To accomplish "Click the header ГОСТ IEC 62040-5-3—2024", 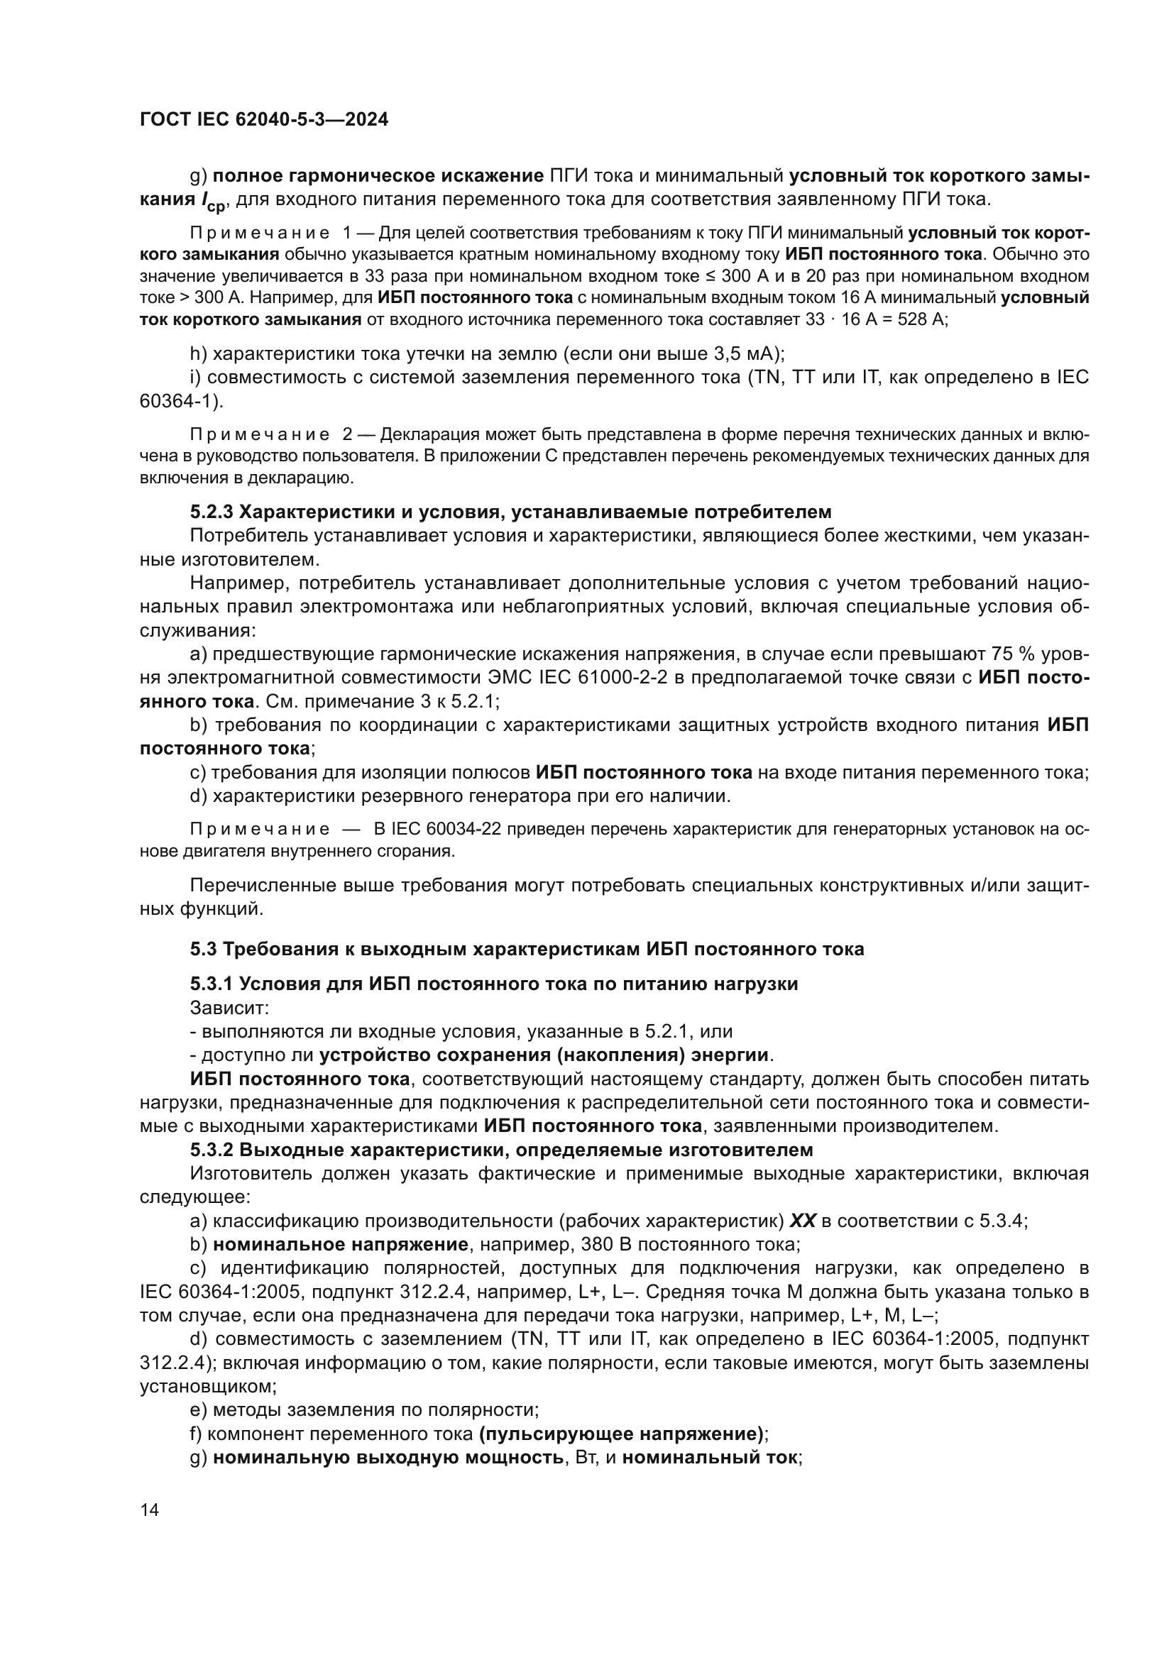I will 264,119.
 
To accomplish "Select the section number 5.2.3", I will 212,512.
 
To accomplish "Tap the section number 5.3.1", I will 212,984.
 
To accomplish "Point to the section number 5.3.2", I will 212,1150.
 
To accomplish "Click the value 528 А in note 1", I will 921,319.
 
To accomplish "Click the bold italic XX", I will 803,1221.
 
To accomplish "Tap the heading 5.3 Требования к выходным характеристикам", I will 527,950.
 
